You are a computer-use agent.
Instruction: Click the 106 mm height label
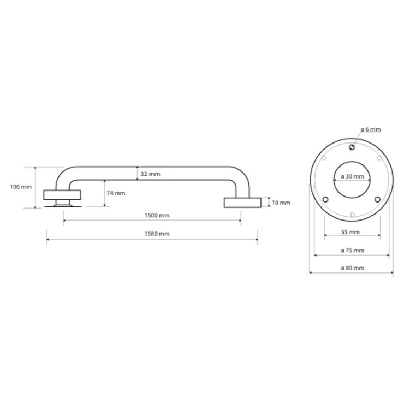click(21, 187)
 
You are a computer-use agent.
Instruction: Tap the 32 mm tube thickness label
click(150, 174)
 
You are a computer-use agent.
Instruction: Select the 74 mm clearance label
click(116, 193)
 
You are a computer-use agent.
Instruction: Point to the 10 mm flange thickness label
click(281, 203)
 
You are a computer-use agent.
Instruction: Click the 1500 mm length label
click(157, 216)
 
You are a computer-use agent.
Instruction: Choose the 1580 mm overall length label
click(157, 234)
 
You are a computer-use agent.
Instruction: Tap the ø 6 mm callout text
click(371, 129)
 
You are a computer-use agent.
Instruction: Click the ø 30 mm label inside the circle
click(353, 176)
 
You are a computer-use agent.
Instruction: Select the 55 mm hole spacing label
click(350, 232)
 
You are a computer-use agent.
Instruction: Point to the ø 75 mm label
click(353, 251)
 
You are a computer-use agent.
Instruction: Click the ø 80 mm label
click(353, 268)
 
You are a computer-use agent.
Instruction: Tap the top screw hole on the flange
click(352, 147)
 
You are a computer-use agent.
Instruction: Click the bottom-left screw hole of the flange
click(325, 199)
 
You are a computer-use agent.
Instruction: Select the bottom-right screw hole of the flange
click(377, 199)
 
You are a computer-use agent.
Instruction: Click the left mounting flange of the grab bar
click(62, 195)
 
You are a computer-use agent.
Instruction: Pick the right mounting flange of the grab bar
click(242, 203)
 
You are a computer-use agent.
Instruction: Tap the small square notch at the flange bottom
click(352, 215)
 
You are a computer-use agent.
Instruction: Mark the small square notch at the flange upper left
click(324, 158)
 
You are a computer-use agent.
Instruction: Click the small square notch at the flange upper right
click(379, 158)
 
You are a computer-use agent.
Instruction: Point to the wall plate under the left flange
click(63, 206)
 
